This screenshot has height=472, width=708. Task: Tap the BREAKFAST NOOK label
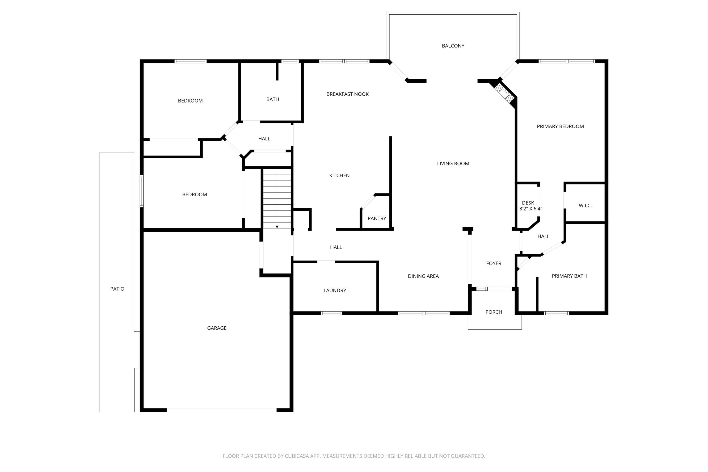coord(347,94)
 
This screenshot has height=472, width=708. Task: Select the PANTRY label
coord(377,219)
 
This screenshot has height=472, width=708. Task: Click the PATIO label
coord(117,289)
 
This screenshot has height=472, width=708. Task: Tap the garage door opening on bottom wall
coord(222,410)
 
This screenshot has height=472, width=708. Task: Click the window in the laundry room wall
coord(331,313)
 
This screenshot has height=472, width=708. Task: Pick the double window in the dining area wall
coord(424,313)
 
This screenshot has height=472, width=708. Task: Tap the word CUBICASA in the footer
coord(297,456)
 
